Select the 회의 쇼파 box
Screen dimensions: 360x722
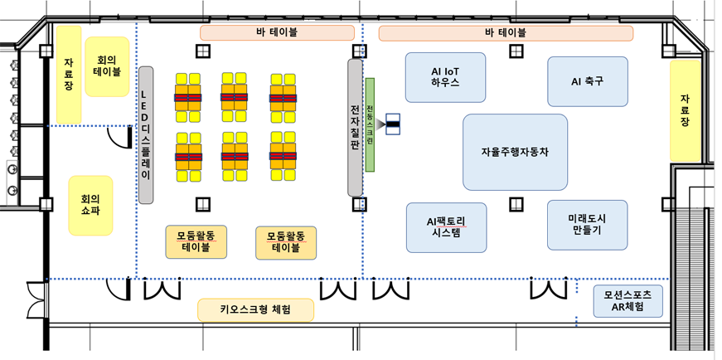pyautogui.click(x=90, y=205)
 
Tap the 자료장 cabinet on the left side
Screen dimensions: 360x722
pyautogui.click(x=69, y=72)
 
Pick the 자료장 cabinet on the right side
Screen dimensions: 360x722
pyautogui.click(x=685, y=110)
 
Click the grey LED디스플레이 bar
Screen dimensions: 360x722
pyautogui.click(x=147, y=135)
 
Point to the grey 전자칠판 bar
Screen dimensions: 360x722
pyautogui.click(x=355, y=127)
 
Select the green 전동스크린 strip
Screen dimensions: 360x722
pyautogui.click(x=371, y=124)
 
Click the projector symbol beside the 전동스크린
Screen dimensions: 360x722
pyautogui.click(x=390, y=124)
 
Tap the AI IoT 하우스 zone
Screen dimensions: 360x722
pyautogui.click(x=445, y=77)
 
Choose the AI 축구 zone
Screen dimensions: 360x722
pyautogui.click(x=587, y=81)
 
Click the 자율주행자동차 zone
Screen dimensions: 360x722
pyautogui.click(x=515, y=153)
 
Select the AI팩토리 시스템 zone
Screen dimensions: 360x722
pyautogui.click(x=446, y=227)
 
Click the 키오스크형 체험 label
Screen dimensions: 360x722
pyautogui.click(x=256, y=310)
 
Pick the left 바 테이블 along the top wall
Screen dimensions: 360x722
pyautogui.click(x=277, y=33)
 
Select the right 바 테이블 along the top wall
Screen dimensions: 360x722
pyautogui.click(x=505, y=33)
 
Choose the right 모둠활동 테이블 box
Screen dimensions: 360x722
pyautogui.click(x=287, y=241)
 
